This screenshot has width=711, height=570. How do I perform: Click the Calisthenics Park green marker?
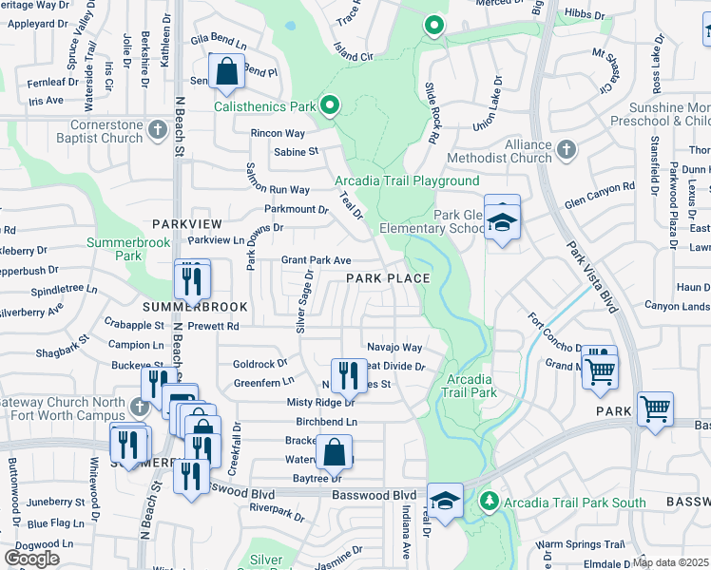click(330, 105)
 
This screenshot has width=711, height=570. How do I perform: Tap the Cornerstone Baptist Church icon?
click(157, 126)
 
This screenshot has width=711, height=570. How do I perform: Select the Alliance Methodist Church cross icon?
click(567, 148)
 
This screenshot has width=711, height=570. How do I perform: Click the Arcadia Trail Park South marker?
click(490, 500)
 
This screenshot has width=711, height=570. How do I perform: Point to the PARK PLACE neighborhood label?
click(387, 278)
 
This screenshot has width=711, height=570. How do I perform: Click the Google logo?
click(31, 559)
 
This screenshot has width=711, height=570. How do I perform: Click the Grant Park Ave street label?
click(317, 260)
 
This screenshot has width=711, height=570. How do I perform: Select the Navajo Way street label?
click(394, 349)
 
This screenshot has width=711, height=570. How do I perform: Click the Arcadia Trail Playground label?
click(407, 180)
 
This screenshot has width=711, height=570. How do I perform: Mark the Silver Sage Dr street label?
click(304, 300)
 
